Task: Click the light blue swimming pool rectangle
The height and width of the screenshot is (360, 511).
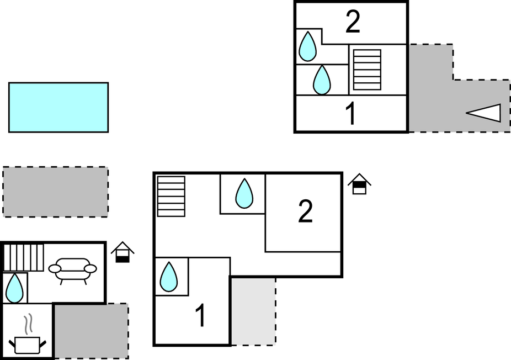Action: tap(58, 107)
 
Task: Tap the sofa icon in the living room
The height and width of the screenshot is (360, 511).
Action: tap(72, 269)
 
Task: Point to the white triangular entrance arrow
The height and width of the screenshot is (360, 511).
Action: tap(485, 113)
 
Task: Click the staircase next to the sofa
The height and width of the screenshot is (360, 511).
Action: tap(24, 257)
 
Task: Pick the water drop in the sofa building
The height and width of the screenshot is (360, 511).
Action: tap(14, 288)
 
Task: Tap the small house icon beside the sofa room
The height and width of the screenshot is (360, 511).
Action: tap(123, 252)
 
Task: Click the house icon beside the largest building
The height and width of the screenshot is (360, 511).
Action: tap(359, 184)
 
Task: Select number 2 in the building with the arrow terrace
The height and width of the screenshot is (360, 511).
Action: tap(353, 22)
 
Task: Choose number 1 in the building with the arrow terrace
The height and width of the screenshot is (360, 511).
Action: tap(350, 114)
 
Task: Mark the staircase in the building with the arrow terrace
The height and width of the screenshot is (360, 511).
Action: tap(367, 70)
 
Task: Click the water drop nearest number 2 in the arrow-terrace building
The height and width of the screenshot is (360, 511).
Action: tap(307, 46)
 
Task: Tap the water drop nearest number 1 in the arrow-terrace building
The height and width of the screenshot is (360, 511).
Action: tap(322, 80)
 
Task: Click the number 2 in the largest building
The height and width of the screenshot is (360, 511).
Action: tap(305, 211)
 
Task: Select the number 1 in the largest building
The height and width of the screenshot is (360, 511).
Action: tap(201, 316)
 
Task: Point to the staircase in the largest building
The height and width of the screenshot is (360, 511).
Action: tap(171, 196)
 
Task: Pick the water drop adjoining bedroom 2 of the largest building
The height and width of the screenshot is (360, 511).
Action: tap(244, 194)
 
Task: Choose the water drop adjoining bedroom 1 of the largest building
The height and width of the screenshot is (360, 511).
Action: tap(168, 277)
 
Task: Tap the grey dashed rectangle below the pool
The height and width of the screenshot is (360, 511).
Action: tap(55, 192)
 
